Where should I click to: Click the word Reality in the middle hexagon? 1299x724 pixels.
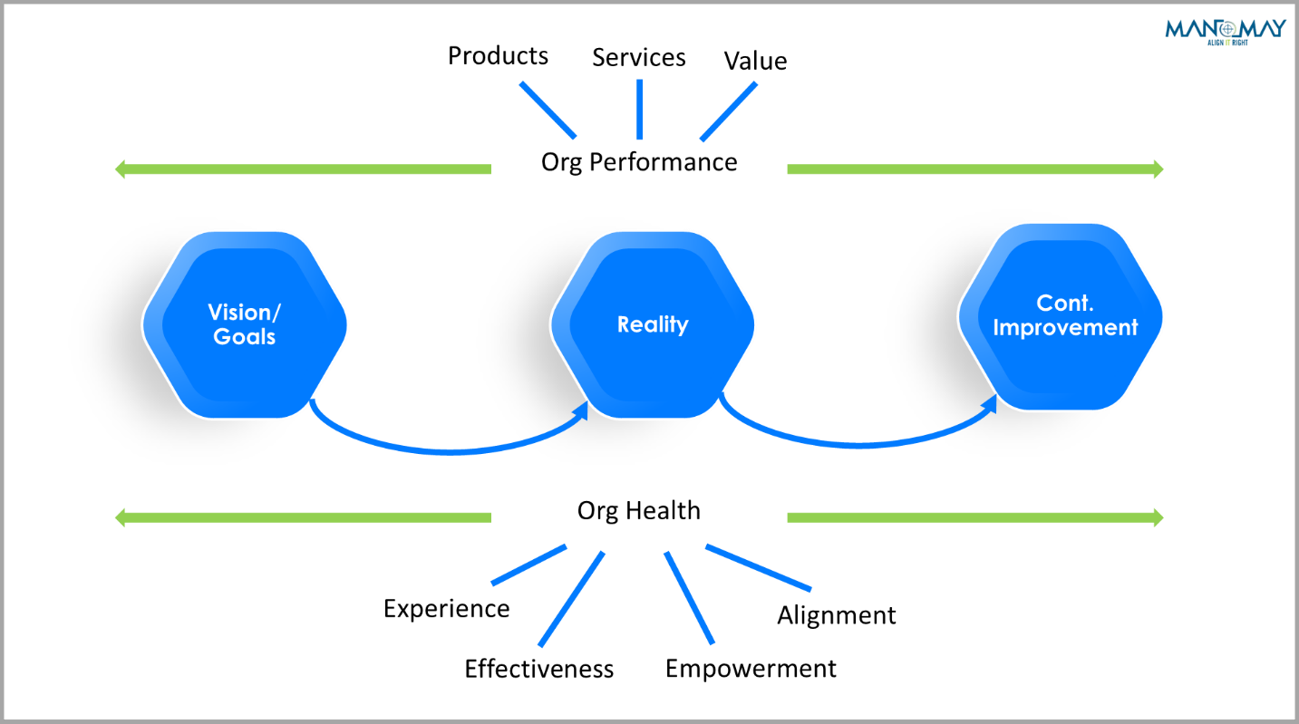coord(653,324)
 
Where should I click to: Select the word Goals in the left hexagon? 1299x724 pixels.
coord(245,337)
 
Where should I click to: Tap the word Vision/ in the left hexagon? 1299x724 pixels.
coord(245,313)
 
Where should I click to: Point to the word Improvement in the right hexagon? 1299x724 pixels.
coord(1065,327)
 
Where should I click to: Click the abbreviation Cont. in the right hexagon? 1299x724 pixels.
coord(1065,304)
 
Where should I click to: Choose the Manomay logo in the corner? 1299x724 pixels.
coord(1225,31)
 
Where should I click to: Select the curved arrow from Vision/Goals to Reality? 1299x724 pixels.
coord(444,449)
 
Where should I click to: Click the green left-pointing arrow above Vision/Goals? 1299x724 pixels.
coord(304,169)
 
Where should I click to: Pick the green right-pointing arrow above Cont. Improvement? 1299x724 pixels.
coord(974,169)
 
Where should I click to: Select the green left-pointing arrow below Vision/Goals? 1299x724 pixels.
coord(304,517)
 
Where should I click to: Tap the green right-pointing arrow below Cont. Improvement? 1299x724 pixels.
coord(974,517)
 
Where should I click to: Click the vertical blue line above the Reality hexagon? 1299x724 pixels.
coord(639,110)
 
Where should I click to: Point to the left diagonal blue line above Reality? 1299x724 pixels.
coord(548,111)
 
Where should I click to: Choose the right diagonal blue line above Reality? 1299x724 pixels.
coord(728,111)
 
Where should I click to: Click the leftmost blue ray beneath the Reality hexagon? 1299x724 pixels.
coord(528,565)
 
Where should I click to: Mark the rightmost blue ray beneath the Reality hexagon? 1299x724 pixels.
coord(758,568)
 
